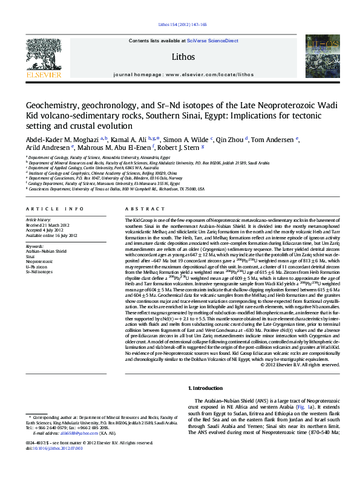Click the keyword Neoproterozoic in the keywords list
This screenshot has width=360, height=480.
pos(40,261)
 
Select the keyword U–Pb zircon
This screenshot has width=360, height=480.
pos(37,267)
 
